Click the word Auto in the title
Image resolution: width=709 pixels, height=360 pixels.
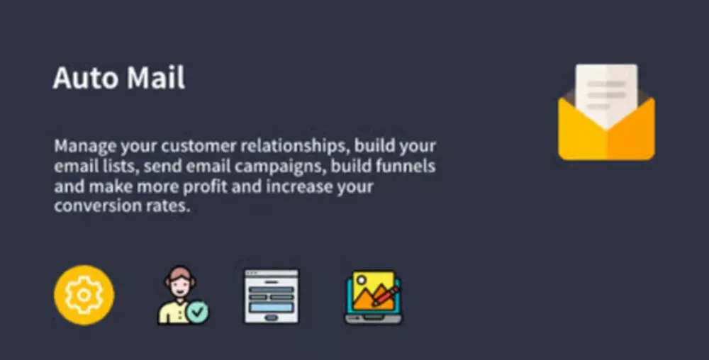[86, 78]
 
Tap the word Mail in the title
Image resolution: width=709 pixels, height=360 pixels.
[156, 78]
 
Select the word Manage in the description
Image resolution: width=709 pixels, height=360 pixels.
[85, 147]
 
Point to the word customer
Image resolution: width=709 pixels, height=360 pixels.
[199, 146]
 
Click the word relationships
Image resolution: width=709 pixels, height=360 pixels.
[294, 147]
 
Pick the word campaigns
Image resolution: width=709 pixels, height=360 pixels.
[280, 167]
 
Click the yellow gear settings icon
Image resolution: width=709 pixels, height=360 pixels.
[84, 295]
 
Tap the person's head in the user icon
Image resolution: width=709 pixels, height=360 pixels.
[179, 280]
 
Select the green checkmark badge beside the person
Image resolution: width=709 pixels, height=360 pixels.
[198, 312]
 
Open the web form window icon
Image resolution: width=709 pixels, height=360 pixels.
[272, 296]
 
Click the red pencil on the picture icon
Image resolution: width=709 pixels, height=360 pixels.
[386, 296]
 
